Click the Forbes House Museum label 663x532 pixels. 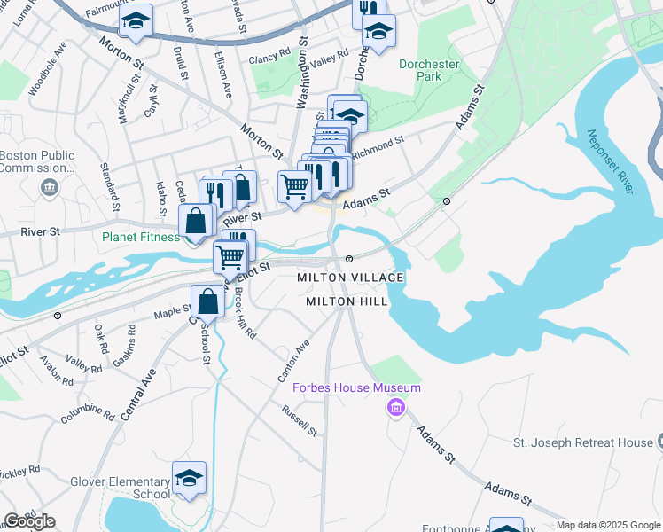point(357,387)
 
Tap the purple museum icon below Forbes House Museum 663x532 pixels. point(395,408)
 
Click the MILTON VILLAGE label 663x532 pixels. point(351,278)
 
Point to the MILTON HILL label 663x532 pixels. point(346,301)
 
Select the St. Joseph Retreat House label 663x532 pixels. point(583,442)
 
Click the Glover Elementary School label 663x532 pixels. point(120,488)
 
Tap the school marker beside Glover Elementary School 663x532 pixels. point(189,478)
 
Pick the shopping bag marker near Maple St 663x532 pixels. point(207,301)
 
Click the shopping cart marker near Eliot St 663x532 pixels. point(230,257)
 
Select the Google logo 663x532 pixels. point(29,521)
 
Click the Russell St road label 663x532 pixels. point(300,420)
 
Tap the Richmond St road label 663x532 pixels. point(378,146)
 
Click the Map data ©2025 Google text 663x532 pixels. point(608,525)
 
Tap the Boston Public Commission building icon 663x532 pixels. point(49,187)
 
